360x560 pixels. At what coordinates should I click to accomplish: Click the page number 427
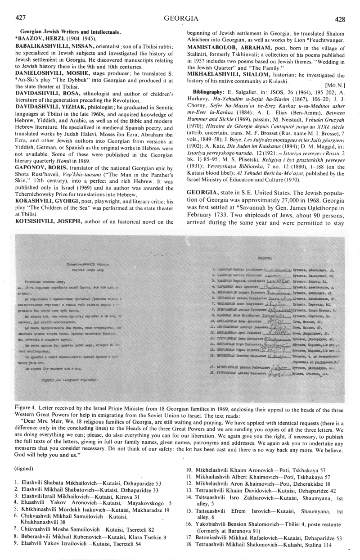coord(21,18)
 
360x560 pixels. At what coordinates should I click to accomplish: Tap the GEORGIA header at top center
coord(181,18)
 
